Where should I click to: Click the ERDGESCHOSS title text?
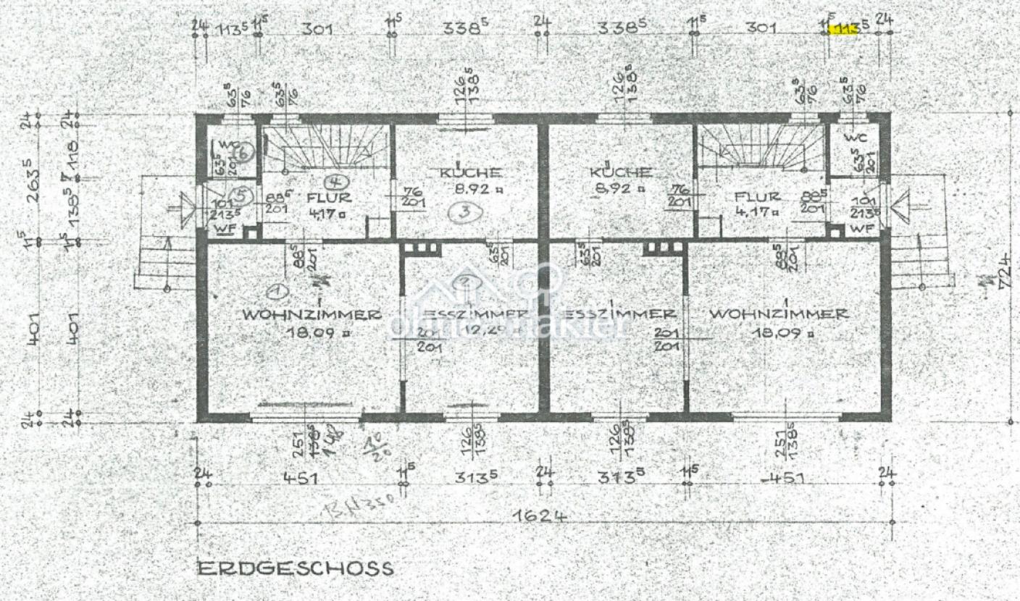pos(296,568)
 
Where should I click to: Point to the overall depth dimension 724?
pos(1004,272)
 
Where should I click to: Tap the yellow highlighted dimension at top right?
pos(847,29)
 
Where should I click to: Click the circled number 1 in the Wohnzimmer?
pos(275,291)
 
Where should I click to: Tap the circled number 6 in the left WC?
pos(243,152)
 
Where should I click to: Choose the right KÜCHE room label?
pos(620,173)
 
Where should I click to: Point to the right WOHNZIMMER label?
pos(779,314)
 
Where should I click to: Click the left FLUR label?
pos(328,197)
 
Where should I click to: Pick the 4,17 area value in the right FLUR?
pos(756,212)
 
